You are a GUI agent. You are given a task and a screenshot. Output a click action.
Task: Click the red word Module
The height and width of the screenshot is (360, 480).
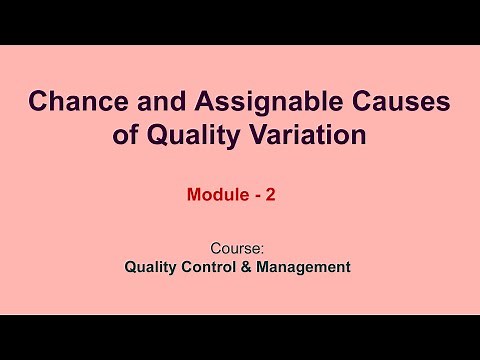216,197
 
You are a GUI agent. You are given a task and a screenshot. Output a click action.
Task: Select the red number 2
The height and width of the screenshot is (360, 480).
269,197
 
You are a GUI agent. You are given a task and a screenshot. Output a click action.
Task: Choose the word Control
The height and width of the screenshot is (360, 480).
216,267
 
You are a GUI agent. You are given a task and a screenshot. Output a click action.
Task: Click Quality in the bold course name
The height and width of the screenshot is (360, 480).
151,267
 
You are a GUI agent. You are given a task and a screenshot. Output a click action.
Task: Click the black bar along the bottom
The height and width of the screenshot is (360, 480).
240,337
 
